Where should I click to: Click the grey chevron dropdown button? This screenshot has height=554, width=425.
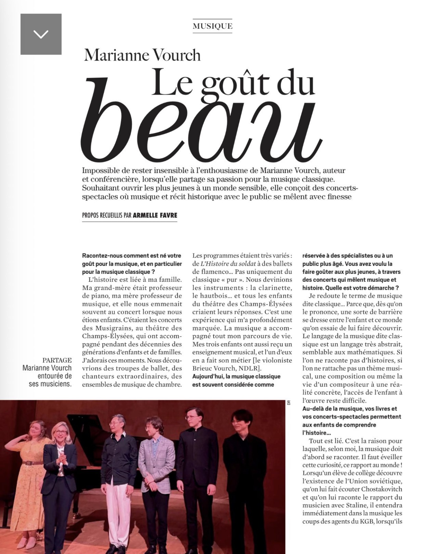pos(41,34)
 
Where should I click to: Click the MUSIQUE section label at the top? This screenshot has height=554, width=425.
pos(212,26)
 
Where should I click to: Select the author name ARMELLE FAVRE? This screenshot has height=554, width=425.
pos(155,215)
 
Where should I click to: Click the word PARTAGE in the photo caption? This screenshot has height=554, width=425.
pos(57,360)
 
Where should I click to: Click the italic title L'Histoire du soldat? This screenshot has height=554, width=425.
pos(228,264)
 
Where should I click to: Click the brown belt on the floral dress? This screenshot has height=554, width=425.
pos(32,463)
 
